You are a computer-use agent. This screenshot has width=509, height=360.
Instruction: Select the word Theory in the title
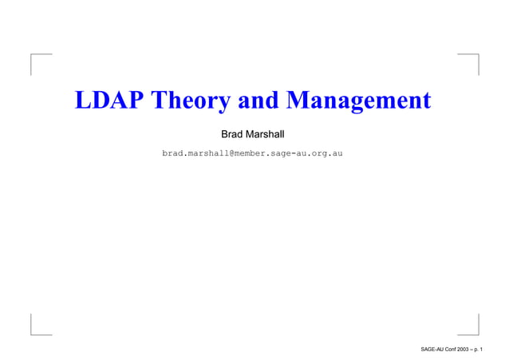pyautogui.click(x=189, y=102)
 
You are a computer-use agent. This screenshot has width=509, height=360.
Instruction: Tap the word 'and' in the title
pyautogui.click(x=257, y=102)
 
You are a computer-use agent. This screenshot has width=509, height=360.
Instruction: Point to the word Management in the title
pyautogui.click(x=358, y=102)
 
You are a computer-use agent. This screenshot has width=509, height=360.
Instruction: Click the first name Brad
pyautogui.click(x=233, y=130)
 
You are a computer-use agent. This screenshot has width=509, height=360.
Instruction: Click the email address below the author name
pyautogui.click(x=253, y=152)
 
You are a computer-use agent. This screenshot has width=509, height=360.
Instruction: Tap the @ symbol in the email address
pyautogui.click(x=236, y=152)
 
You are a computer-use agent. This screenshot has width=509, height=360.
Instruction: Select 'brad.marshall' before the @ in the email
pyautogui.click(x=197, y=152)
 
